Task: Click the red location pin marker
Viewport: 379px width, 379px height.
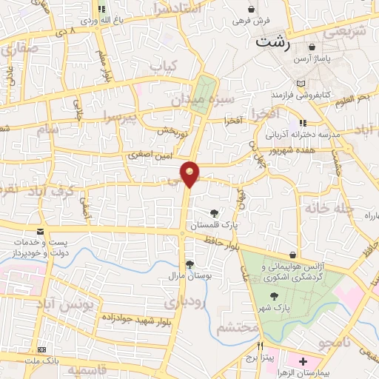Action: click(x=190, y=174)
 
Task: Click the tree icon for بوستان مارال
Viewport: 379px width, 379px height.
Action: click(x=190, y=264)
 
